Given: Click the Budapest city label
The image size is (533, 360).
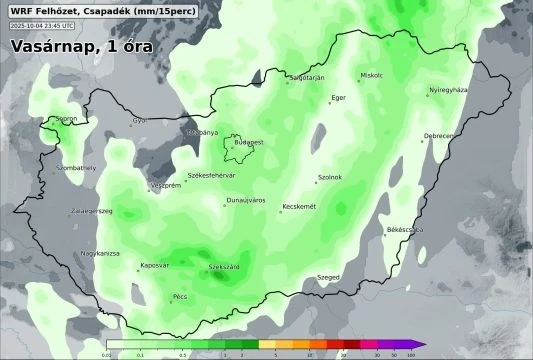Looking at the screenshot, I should tap(248, 142).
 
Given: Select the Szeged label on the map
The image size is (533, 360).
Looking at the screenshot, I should tap(328, 276).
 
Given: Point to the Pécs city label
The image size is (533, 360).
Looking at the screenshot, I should tap(180, 296).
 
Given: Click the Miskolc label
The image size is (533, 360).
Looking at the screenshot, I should tap(372, 75).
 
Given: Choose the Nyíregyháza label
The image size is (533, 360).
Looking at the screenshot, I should tap(448, 90).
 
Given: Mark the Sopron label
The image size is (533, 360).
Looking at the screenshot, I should tap(67, 119).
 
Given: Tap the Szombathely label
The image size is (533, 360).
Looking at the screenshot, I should tap(76, 168).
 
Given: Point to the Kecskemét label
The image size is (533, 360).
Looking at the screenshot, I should tap(299, 206).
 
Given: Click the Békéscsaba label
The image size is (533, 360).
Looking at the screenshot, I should tap(405, 230).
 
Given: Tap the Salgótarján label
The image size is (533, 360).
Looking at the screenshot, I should tap(306, 77).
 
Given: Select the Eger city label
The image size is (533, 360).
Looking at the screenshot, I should tap(338, 97).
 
